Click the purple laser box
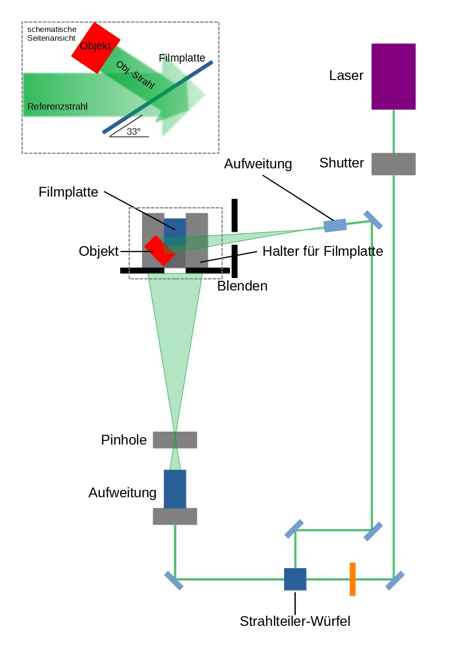coord(393,76)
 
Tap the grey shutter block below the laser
coord(393,164)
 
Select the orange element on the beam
coord(353,579)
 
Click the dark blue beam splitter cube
coord(295,579)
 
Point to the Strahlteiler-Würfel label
coord(295,621)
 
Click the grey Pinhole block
coord(175,439)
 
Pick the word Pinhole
coord(124,439)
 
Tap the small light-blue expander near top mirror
coord(335,225)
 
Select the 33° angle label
coord(133,131)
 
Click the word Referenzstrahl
coord(57,106)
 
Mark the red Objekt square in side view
coord(95,48)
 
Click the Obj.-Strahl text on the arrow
coord(135,74)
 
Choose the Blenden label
coord(242,286)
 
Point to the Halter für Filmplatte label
coord(323,251)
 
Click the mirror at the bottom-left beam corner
coord(174,581)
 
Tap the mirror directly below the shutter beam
coord(395,581)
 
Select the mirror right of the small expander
coord(373,220)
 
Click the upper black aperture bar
coord(235,215)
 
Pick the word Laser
coord(346,75)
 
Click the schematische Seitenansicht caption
coord(51,34)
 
